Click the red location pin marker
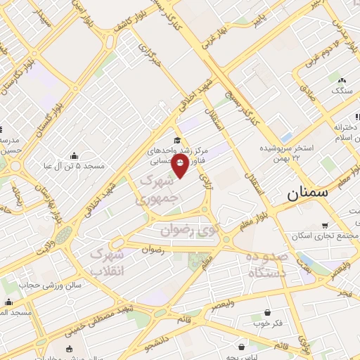pyautogui.click(x=180, y=167)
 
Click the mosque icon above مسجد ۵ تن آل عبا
pyautogui.click(x=75, y=154)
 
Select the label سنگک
pyautogui.click(x=342, y=91)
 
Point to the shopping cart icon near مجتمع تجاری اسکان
pyautogui.click(x=325, y=225)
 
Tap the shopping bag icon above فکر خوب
pyautogui.click(x=267, y=313)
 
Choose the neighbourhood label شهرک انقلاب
pyautogui.click(x=108, y=262)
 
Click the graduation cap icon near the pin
pyautogui.click(x=177, y=140)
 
